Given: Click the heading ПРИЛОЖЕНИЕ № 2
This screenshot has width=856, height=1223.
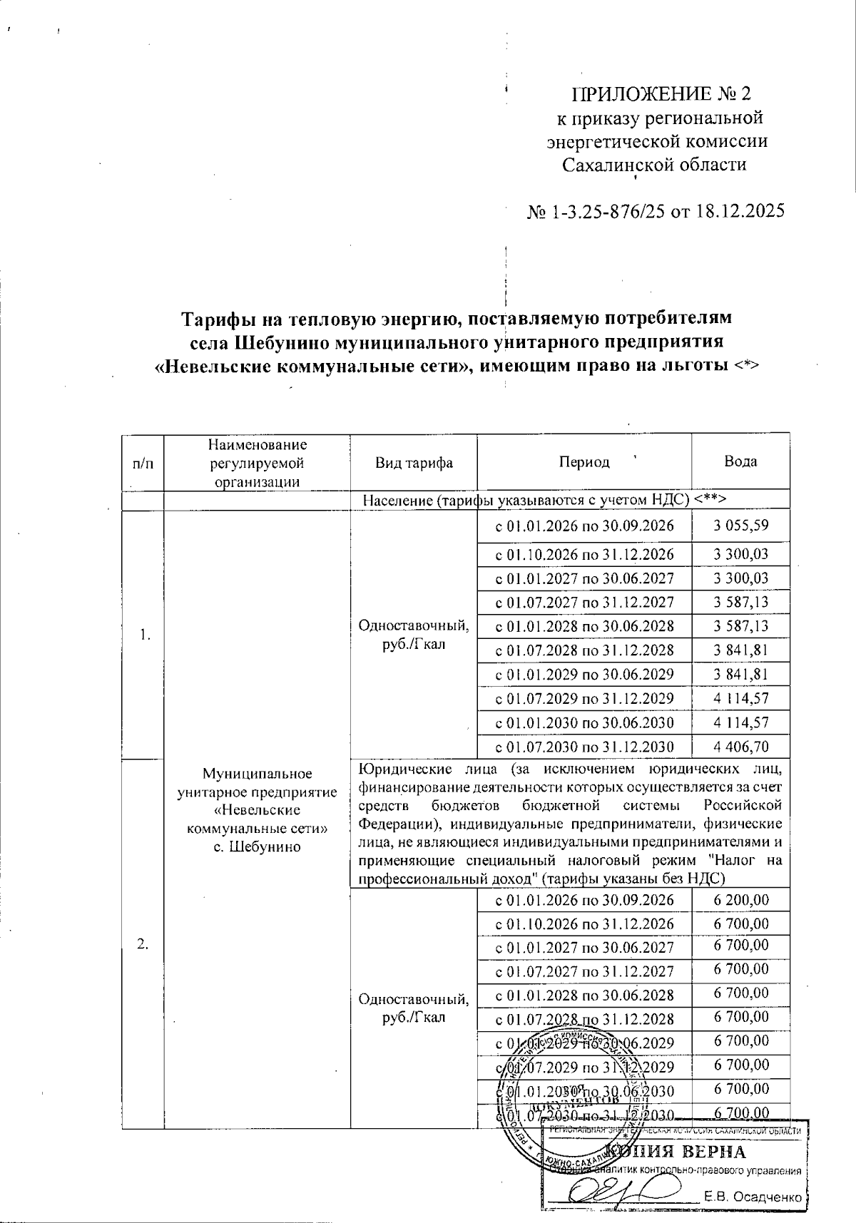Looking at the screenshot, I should pos(662,94).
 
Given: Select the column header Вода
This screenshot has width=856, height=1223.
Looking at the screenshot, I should pos(740,461).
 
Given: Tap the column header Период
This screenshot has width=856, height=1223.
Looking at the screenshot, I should pos(584,461).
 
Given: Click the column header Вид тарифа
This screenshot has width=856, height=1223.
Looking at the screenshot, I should pos(414,462).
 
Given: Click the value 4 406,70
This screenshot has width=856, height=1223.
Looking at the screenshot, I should pos(741,747).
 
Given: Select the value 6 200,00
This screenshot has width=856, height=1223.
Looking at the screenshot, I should pos(741,900).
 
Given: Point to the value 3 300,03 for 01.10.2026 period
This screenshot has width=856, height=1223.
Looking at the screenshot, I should pos(741,554).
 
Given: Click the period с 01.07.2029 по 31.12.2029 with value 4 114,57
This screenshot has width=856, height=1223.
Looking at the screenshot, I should pos(584,698).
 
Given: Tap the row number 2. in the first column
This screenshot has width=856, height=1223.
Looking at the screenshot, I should pos(143,944).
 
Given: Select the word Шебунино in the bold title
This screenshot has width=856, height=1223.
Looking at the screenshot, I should pos(281,342).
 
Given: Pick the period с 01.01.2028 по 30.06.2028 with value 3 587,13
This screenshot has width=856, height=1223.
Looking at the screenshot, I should pos(584,626).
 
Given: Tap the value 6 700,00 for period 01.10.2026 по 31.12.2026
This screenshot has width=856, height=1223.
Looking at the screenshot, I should pos(741,924).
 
